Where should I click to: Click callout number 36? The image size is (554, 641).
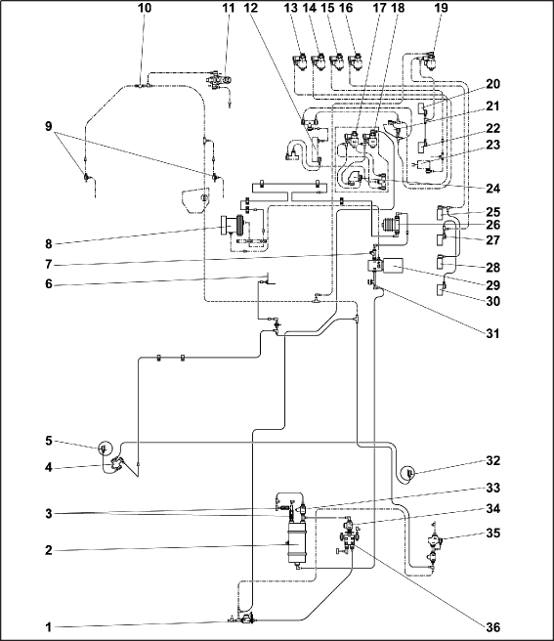point(492,626)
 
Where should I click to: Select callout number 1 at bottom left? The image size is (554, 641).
point(49,627)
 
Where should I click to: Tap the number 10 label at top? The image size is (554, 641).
point(144,8)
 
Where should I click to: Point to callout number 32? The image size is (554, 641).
point(492,460)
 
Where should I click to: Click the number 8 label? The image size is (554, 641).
point(49,244)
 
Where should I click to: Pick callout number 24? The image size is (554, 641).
point(492,189)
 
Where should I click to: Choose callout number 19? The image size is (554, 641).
point(441,8)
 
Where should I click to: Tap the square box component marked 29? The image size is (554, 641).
point(393,266)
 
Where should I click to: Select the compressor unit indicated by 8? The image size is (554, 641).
point(233,226)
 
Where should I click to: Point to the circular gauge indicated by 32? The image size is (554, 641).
point(408,473)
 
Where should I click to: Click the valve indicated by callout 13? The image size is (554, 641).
point(301,63)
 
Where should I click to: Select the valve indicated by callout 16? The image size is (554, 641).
point(356,63)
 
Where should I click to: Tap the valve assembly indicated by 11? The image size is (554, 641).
point(220,79)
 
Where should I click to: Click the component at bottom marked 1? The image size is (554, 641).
point(245,619)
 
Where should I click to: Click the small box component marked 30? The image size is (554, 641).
point(442,290)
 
